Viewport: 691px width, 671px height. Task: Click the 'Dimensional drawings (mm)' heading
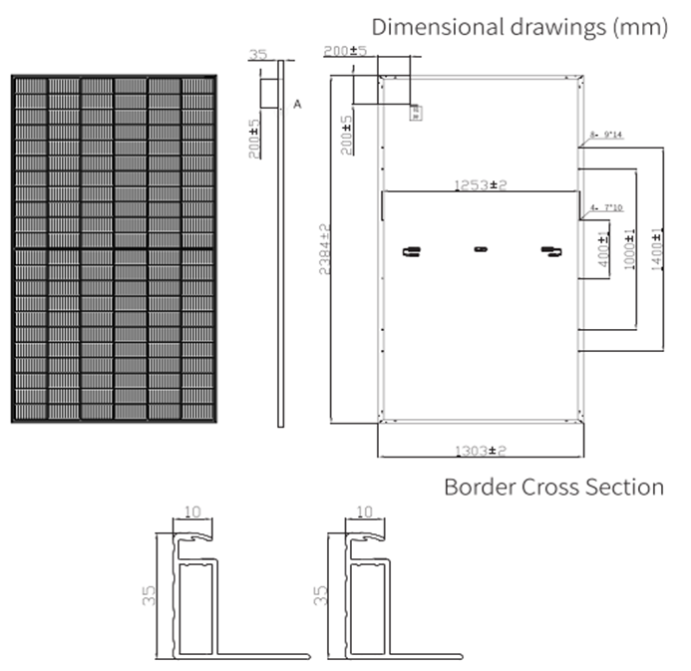click(518, 27)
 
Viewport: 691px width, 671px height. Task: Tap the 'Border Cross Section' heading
click(553, 487)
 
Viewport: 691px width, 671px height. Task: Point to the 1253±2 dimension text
click(481, 184)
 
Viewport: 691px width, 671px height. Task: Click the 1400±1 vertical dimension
click(657, 246)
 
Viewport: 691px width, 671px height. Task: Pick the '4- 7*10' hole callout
click(605, 207)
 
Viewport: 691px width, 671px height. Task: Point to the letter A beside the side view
click(297, 104)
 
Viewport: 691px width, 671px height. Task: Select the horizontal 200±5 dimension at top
click(346, 50)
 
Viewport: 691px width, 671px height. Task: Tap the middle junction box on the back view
click(480, 248)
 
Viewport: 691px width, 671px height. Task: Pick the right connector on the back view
click(546, 250)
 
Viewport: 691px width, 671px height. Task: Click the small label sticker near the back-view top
click(415, 112)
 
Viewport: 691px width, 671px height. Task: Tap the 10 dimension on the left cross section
click(192, 511)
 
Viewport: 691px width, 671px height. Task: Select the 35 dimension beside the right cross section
click(320, 596)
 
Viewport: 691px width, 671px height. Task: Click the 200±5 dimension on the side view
click(254, 139)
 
